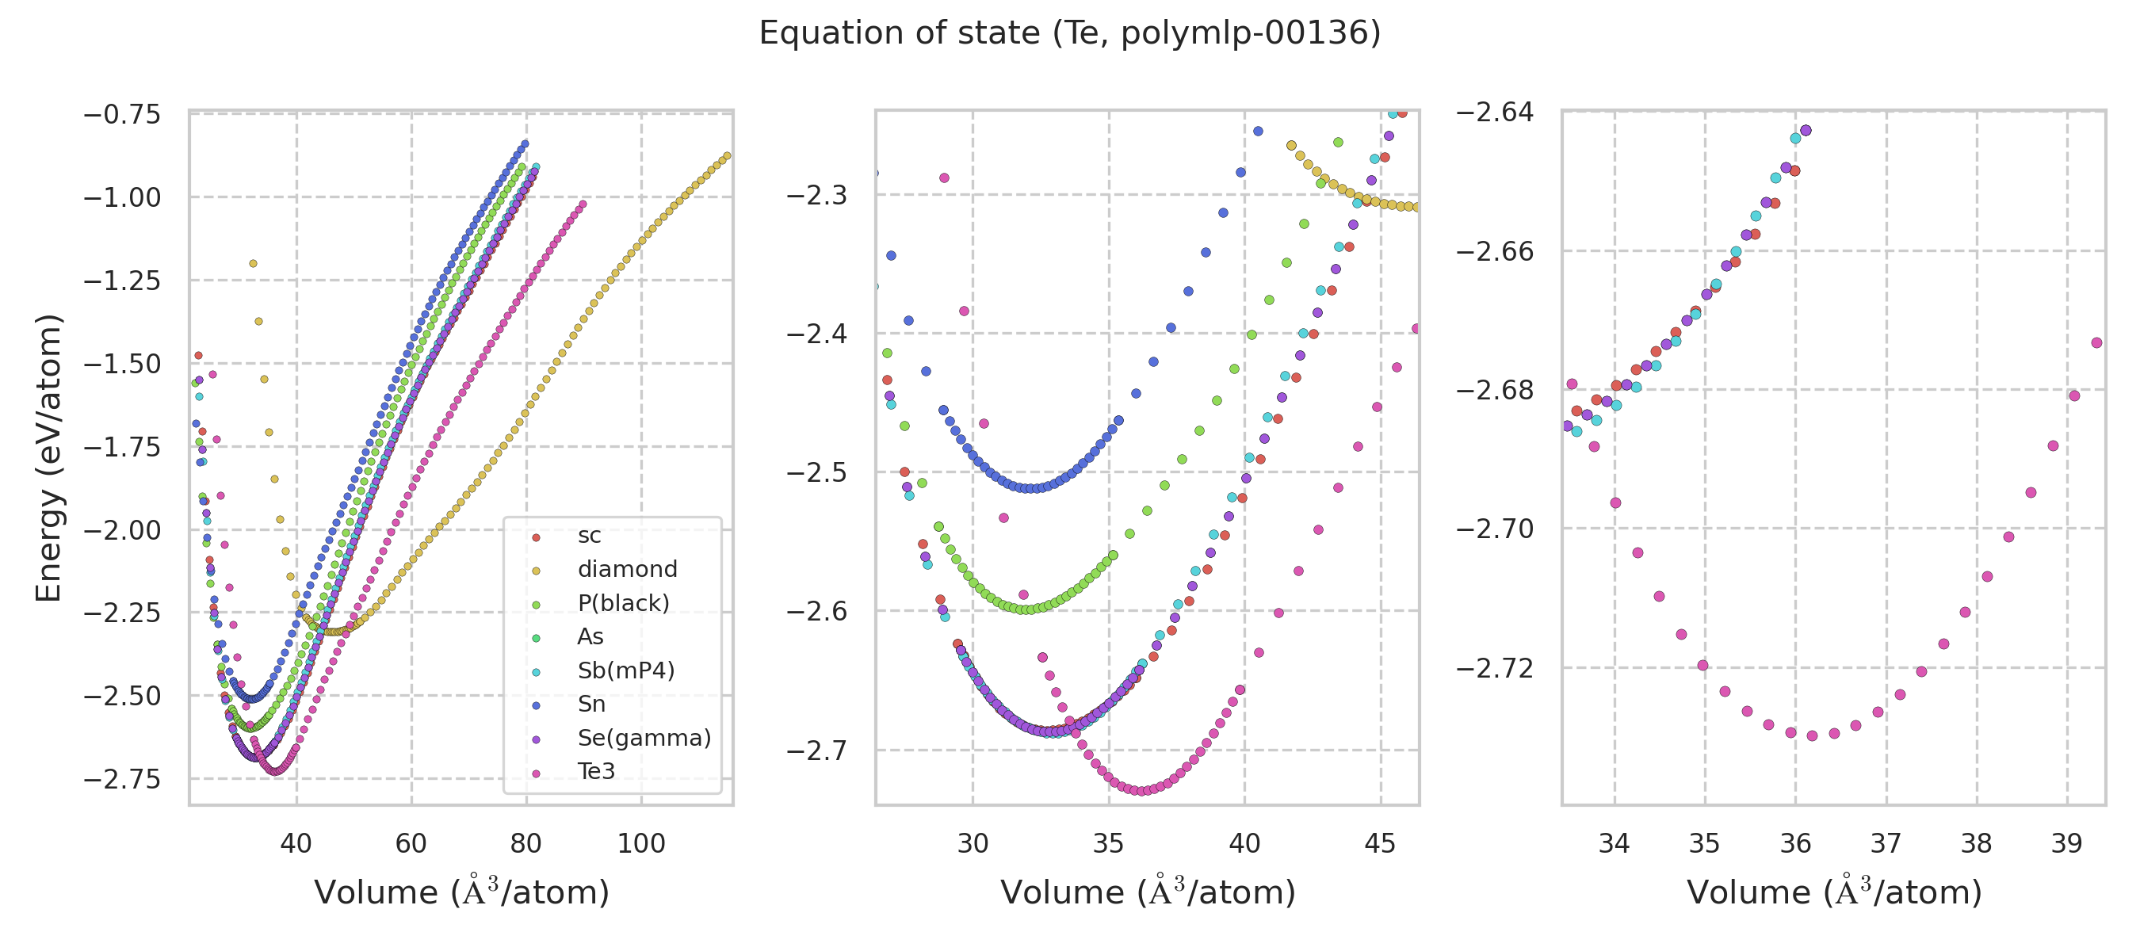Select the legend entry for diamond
tap(627, 569)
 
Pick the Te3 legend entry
tap(597, 771)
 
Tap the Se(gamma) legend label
tap(644, 738)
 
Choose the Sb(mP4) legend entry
tap(625, 670)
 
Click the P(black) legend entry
tap(623, 603)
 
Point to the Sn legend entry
tap(591, 705)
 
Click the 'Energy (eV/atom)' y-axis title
tap(48, 457)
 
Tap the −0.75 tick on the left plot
tap(122, 114)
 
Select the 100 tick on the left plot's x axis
tap(640, 844)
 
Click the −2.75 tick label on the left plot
tap(122, 779)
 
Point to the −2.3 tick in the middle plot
tap(816, 195)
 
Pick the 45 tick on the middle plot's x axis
tap(1380, 844)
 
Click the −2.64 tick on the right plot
tap(1495, 112)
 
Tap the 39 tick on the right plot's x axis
tap(2066, 844)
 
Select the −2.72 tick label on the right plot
tap(1495, 668)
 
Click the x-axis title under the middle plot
tap(1147, 892)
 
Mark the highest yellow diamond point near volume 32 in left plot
tap(254, 264)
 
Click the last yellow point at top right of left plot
tap(727, 156)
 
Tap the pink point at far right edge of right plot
tap(2096, 343)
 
